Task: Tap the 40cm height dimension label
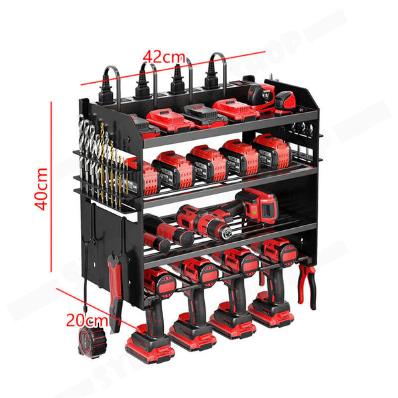[x=41, y=188]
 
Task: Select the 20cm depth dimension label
[x=86, y=320]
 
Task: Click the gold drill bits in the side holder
[x=106, y=163]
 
